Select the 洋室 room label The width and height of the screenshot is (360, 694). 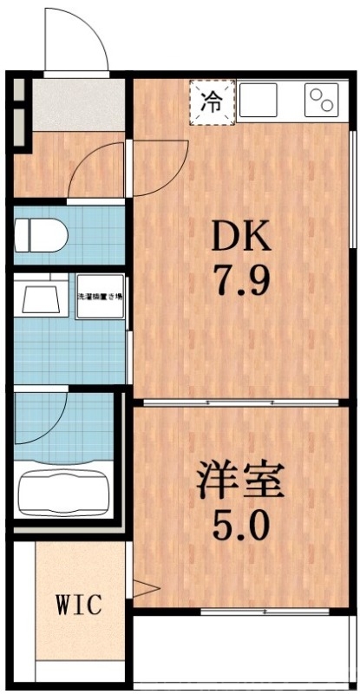click(x=240, y=480)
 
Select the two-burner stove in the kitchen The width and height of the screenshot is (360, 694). click(x=323, y=101)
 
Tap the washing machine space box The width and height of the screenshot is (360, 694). click(x=100, y=296)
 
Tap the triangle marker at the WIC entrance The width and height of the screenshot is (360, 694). click(x=142, y=590)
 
